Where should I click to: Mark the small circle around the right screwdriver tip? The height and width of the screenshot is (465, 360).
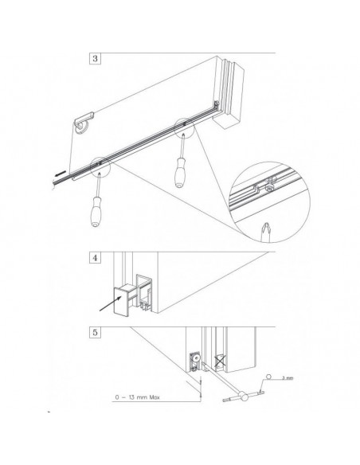[x=183, y=124]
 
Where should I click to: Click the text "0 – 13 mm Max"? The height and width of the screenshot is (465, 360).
[x=141, y=394]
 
